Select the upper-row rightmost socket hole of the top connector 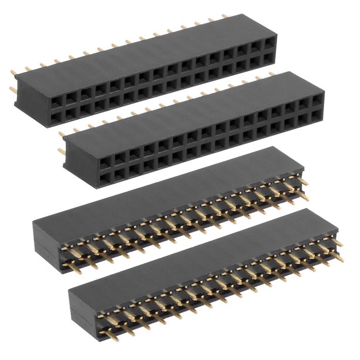point(269,44)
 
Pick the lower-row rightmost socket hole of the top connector point(269,57)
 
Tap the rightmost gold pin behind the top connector point(225,16)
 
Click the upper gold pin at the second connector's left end point(62,134)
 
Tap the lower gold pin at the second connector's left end point(62,151)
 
